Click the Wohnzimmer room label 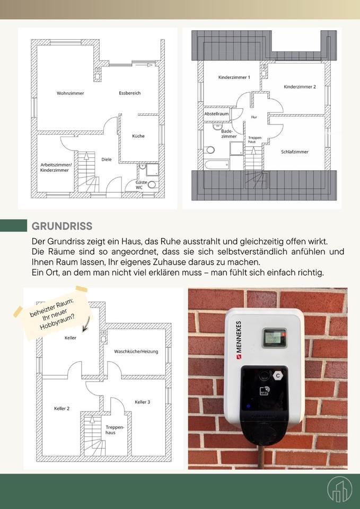pyautogui.click(x=71, y=93)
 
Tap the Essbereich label pyautogui.click(x=130, y=93)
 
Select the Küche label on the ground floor pyautogui.click(x=138, y=136)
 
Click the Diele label pyautogui.click(x=107, y=159)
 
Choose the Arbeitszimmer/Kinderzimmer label pyautogui.click(x=56, y=168)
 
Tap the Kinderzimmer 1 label pyautogui.click(x=234, y=77)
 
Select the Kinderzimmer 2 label pyautogui.click(x=300, y=87)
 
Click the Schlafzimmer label pyautogui.click(x=295, y=152)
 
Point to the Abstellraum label pyautogui.click(x=216, y=114)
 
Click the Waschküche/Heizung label pyautogui.click(x=136, y=352)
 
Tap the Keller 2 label pyautogui.click(x=62, y=409)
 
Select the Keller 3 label pyautogui.click(x=142, y=402)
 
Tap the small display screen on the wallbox pyautogui.click(x=274, y=338)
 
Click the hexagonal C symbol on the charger pyautogui.click(x=277, y=375)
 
